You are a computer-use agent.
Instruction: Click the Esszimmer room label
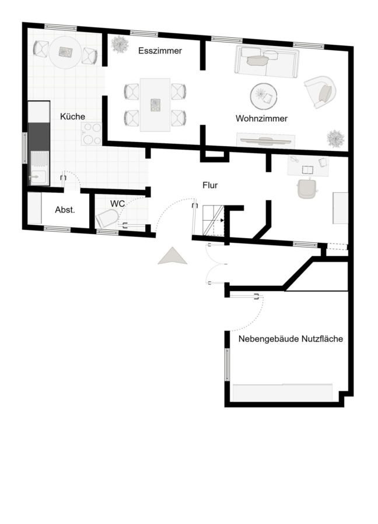(x=160, y=51)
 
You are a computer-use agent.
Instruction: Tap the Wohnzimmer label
(x=261, y=119)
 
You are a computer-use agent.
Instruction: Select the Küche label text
(x=72, y=116)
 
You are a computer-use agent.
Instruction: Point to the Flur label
(x=210, y=185)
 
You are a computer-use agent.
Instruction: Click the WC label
(x=117, y=204)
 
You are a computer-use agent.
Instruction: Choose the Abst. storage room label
(x=65, y=210)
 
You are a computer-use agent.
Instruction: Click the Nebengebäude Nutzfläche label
(x=290, y=339)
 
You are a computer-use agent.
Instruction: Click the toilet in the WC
(x=107, y=218)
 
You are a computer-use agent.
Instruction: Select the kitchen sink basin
(x=39, y=177)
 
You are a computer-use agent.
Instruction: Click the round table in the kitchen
(x=65, y=52)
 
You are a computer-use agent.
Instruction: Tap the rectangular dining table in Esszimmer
(x=155, y=105)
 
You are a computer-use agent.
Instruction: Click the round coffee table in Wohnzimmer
(x=264, y=96)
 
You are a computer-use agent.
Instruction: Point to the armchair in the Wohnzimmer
(x=320, y=92)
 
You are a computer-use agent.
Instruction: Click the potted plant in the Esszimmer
(x=120, y=44)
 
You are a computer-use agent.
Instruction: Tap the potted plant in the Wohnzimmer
(x=335, y=139)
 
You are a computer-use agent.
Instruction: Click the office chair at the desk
(x=307, y=189)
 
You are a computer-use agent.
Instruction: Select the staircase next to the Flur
(x=213, y=221)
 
